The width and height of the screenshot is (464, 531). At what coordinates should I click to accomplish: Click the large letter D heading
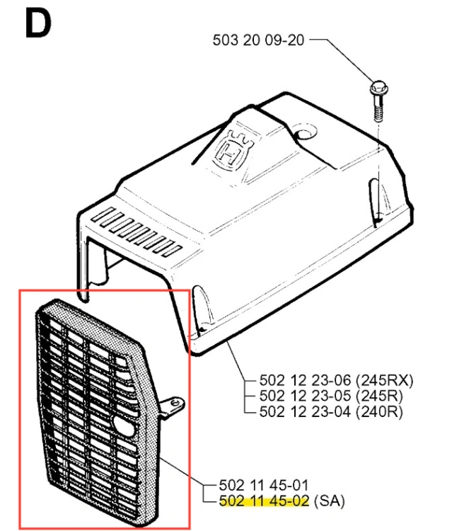click(x=38, y=23)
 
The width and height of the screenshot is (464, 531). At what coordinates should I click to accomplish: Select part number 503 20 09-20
click(x=258, y=40)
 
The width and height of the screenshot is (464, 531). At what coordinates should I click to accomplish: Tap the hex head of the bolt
click(x=378, y=88)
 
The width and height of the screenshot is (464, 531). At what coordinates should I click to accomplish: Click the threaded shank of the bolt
click(x=378, y=108)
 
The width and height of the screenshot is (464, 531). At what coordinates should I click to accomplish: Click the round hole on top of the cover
click(x=305, y=132)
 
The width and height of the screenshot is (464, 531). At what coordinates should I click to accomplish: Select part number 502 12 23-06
click(x=305, y=380)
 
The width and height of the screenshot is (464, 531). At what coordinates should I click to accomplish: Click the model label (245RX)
click(x=385, y=381)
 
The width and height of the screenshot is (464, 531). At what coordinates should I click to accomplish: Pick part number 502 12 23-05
click(x=305, y=396)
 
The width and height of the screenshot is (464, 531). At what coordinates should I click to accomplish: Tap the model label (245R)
click(x=379, y=396)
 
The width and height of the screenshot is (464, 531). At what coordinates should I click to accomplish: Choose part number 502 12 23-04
click(x=305, y=411)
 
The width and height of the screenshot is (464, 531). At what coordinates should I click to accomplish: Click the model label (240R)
click(x=379, y=412)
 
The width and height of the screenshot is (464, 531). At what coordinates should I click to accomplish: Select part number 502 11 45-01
click(x=264, y=485)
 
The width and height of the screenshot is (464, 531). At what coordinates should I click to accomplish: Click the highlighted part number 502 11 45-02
click(x=264, y=501)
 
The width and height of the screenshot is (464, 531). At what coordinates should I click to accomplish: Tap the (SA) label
click(x=330, y=501)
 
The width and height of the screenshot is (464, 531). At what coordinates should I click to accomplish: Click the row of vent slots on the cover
click(x=137, y=232)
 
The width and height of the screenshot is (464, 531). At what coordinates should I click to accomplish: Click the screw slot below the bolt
click(x=376, y=202)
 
